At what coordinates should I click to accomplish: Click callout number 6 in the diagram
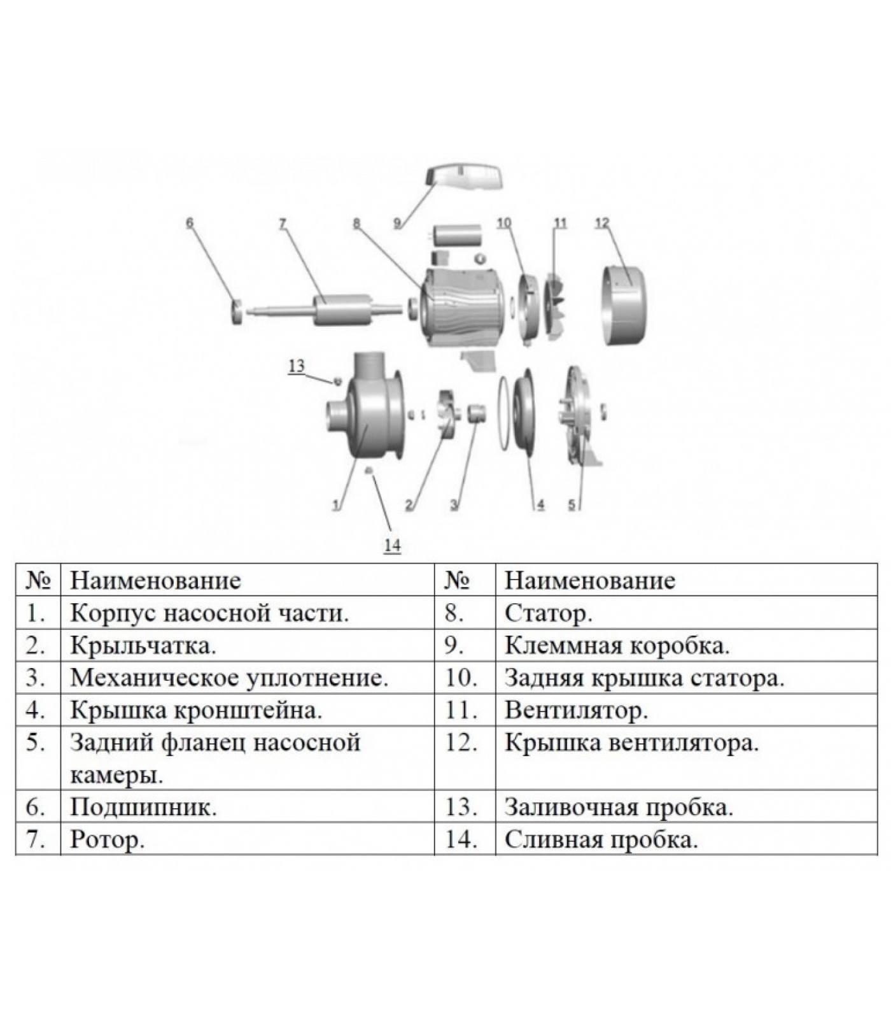click(x=189, y=223)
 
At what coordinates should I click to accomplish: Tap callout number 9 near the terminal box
click(x=397, y=223)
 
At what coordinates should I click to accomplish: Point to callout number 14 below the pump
click(x=392, y=545)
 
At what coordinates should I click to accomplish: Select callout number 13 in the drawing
click(x=297, y=366)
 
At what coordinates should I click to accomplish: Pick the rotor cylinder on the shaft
click(x=342, y=310)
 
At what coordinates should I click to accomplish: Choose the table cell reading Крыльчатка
click(x=143, y=645)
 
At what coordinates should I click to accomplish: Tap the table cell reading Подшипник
click(x=143, y=807)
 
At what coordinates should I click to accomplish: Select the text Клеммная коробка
click(x=617, y=645)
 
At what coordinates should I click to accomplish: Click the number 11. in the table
click(x=461, y=710)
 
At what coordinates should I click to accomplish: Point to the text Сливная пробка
click(x=601, y=839)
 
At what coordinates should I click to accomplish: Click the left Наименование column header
click(x=155, y=580)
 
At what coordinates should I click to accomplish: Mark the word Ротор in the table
click(x=107, y=839)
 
